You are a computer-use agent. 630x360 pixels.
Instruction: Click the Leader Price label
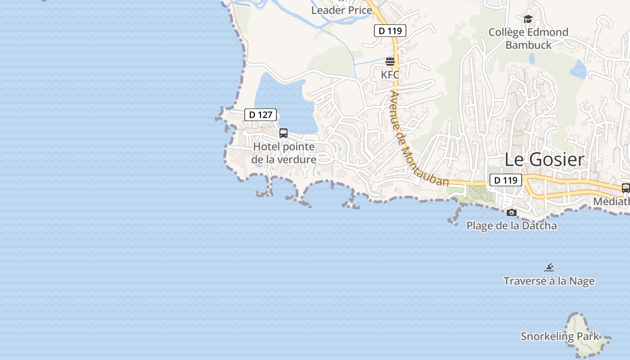pos(342,10)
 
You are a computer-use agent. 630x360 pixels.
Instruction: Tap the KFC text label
pos(390,75)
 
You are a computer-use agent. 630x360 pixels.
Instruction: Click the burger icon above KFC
pos(390,61)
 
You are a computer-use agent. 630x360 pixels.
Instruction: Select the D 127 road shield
pos(261,115)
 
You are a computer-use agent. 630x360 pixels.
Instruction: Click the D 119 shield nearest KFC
pos(390,31)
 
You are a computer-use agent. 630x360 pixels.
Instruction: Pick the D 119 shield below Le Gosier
pos(505,180)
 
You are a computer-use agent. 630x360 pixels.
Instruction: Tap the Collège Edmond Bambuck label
pos(528,38)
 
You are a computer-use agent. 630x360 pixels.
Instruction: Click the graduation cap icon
pos(528,19)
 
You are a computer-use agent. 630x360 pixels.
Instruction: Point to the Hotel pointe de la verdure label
pos(283,153)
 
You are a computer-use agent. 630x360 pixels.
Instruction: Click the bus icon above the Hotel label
pos(283,133)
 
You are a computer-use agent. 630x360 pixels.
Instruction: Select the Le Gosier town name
pos(544,160)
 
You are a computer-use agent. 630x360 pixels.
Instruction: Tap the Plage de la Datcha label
pos(512,225)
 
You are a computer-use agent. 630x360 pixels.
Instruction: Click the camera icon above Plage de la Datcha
pos(512,212)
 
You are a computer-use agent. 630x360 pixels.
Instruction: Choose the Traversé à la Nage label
pos(549,281)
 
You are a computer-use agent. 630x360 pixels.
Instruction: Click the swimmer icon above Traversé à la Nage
pos(549,268)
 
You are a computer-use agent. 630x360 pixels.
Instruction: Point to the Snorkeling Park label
pos(560,336)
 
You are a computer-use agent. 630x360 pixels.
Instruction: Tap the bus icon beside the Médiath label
pos(625,188)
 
